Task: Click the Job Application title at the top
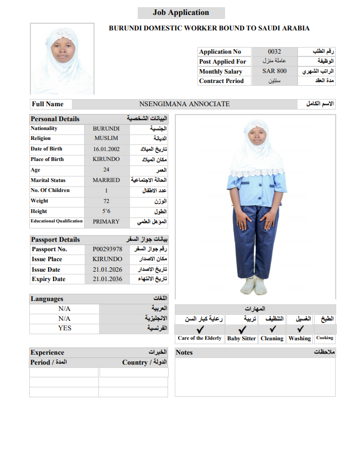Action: pyautogui.click(x=181, y=13)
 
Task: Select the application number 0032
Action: pyautogui.click(x=274, y=51)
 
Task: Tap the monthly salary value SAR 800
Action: pyautogui.click(x=274, y=71)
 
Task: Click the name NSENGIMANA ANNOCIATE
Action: pyautogui.click(x=184, y=104)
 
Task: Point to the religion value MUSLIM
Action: pyautogui.click(x=106, y=138)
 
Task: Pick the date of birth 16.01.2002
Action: pyautogui.click(x=106, y=149)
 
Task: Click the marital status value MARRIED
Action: pyautogui.click(x=106, y=180)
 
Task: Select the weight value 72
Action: pyautogui.click(x=106, y=201)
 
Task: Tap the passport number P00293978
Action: pyautogui.click(x=107, y=249)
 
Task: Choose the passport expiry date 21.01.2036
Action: pyautogui.click(x=107, y=279)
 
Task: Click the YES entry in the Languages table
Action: pyautogui.click(x=64, y=328)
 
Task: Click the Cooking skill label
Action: pyautogui.click(x=325, y=338)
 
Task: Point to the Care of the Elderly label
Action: pyautogui.click(x=200, y=338)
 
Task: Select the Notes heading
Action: pyautogui.click(x=184, y=352)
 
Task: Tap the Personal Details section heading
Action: pyautogui.click(x=55, y=119)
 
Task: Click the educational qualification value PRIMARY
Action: pyautogui.click(x=106, y=221)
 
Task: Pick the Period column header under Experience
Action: pyautogui.click(x=49, y=362)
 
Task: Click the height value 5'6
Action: pyautogui.click(x=106, y=211)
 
